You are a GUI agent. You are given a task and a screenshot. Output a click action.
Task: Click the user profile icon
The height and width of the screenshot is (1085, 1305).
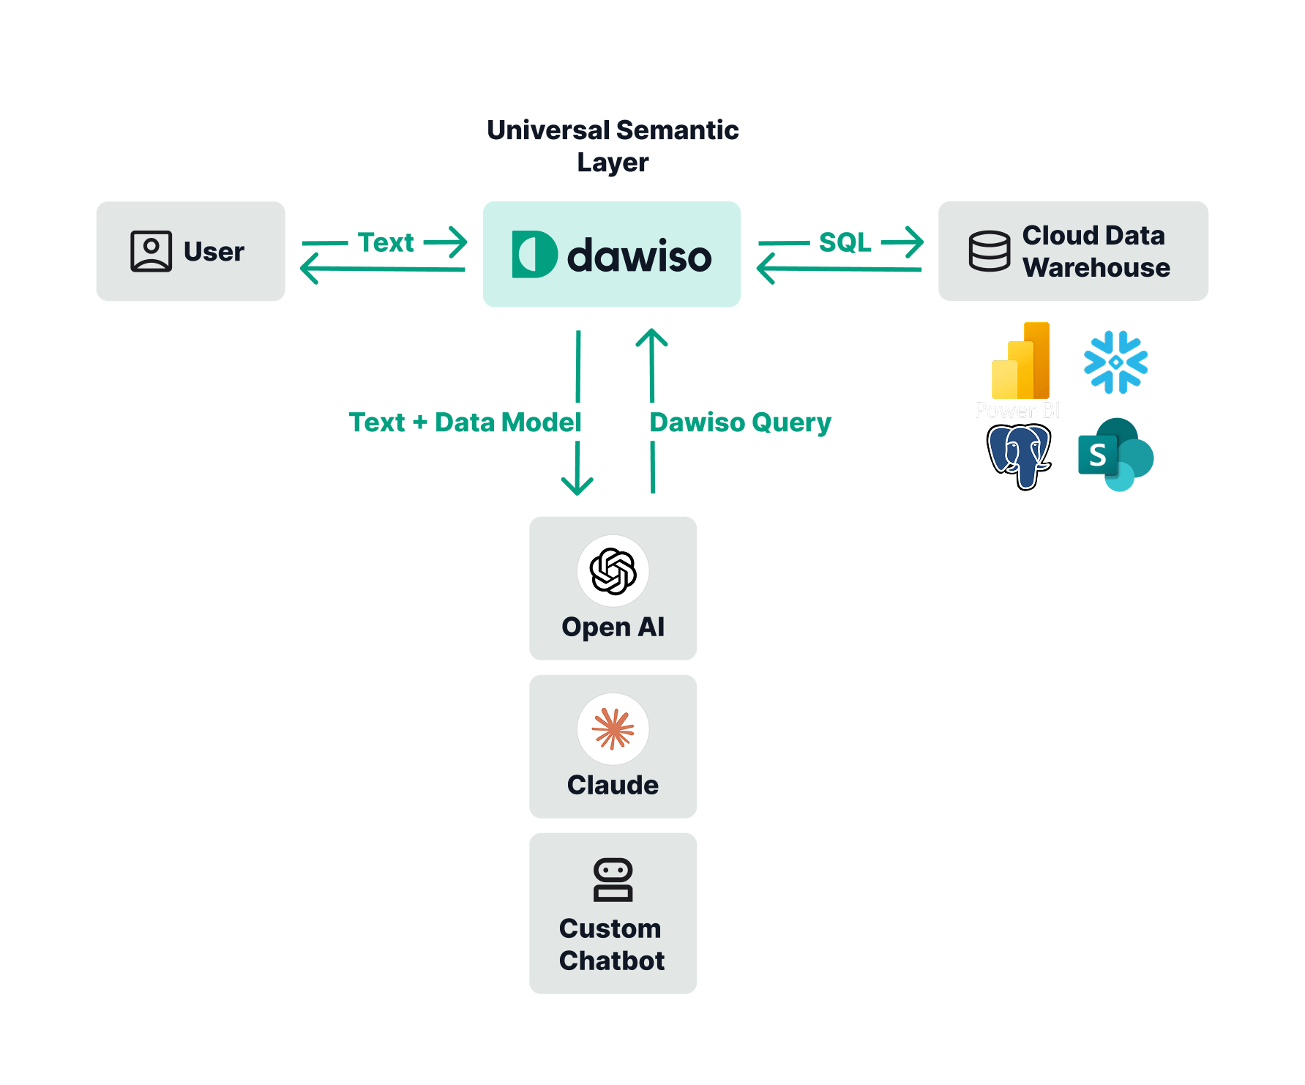tap(151, 251)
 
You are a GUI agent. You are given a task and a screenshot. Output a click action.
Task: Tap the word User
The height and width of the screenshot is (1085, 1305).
tap(214, 252)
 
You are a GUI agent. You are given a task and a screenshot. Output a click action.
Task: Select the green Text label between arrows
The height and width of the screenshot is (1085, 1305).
tap(386, 242)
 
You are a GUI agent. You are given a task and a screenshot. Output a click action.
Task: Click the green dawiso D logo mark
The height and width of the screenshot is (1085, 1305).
tap(534, 254)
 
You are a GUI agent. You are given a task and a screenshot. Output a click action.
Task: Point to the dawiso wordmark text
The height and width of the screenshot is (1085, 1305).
tap(639, 256)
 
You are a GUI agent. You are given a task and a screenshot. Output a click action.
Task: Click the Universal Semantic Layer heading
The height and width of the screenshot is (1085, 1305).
tap(613, 146)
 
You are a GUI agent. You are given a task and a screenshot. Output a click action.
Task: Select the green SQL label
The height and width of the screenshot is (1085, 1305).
tap(845, 242)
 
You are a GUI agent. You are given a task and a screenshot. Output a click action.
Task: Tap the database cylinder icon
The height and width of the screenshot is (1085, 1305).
tap(989, 251)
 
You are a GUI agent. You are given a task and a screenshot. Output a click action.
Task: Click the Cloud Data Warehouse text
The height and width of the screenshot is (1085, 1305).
tap(1095, 251)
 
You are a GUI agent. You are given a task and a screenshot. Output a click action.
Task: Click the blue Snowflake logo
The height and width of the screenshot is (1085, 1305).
tap(1115, 362)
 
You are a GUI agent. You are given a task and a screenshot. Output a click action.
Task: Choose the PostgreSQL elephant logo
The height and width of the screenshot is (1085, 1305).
tap(1019, 455)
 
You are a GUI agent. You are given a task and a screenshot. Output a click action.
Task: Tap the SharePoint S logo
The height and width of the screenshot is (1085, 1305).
tap(1115, 455)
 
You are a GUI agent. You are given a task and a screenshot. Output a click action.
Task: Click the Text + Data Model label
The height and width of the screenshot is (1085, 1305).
tap(465, 422)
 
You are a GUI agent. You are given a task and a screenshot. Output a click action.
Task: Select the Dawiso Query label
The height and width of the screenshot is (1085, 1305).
tap(740, 422)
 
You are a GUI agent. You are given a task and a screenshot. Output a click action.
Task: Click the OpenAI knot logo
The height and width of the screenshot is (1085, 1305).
tap(613, 571)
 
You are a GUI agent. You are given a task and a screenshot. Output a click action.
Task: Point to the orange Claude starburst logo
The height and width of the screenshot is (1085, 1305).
tap(613, 729)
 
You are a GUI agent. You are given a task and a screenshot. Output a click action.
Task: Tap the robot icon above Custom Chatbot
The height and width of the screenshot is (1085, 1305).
tap(613, 879)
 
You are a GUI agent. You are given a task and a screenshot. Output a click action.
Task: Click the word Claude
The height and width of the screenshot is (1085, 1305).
tap(613, 785)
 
